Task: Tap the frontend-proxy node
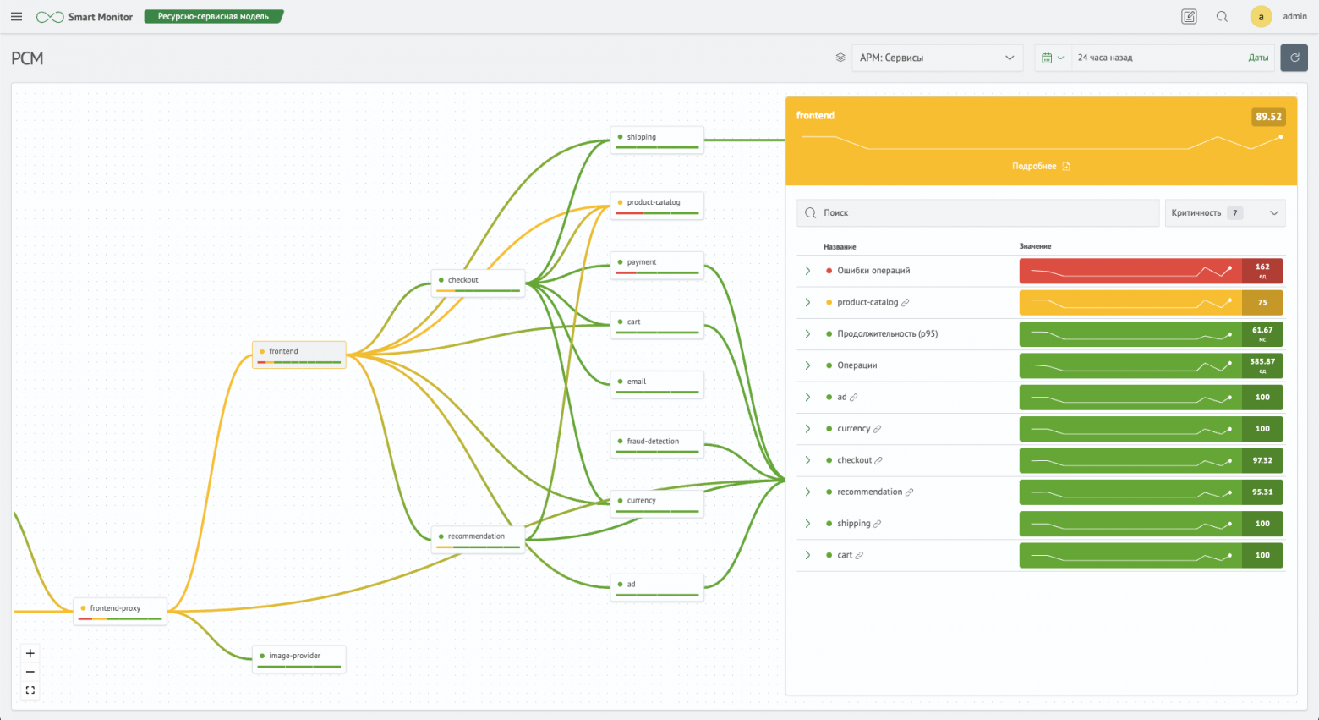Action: click(x=119, y=610)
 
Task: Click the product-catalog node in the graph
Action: click(x=656, y=204)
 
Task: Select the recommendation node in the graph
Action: click(x=478, y=537)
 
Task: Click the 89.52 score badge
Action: click(x=1267, y=117)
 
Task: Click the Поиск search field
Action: click(x=977, y=213)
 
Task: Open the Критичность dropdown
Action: click(x=1224, y=213)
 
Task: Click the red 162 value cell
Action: click(x=1262, y=271)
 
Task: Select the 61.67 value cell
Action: click(x=1262, y=334)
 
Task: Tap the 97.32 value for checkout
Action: click(x=1262, y=460)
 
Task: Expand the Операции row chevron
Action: click(x=807, y=365)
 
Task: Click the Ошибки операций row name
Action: click(x=873, y=271)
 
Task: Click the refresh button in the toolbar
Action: click(x=1294, y=58)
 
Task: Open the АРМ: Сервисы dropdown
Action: click(x=936, y=58)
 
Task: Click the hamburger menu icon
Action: click(x=16, y=17)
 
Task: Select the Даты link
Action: click(x=1258, y=58)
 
